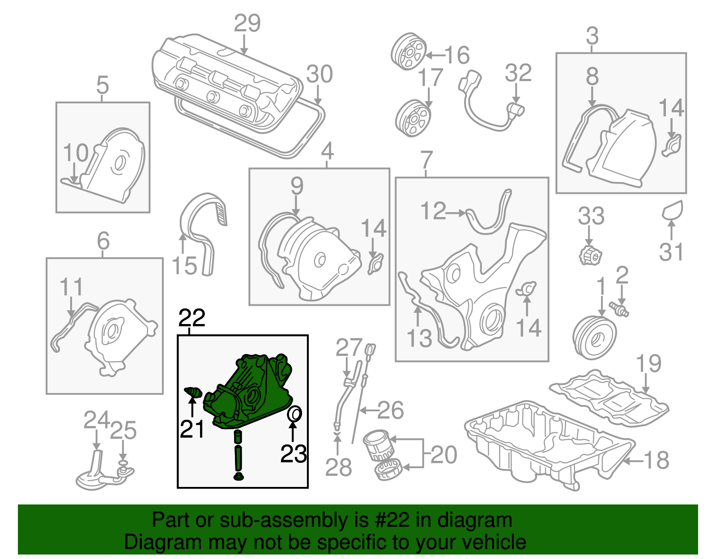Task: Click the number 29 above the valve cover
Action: tap(247, 23)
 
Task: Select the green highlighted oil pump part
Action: tap(251, 394)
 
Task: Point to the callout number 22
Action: tap(192, 318)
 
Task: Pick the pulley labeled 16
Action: tap(409, 51)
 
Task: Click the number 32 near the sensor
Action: tap(518, 73)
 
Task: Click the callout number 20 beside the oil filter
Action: tap(443, 455)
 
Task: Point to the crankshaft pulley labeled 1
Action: tap(594, 337)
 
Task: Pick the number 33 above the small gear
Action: tap(591, 216)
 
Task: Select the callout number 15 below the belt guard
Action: tap(184, 266)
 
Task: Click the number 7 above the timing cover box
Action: tap(427, 159)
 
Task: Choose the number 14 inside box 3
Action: tap(671, 108)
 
